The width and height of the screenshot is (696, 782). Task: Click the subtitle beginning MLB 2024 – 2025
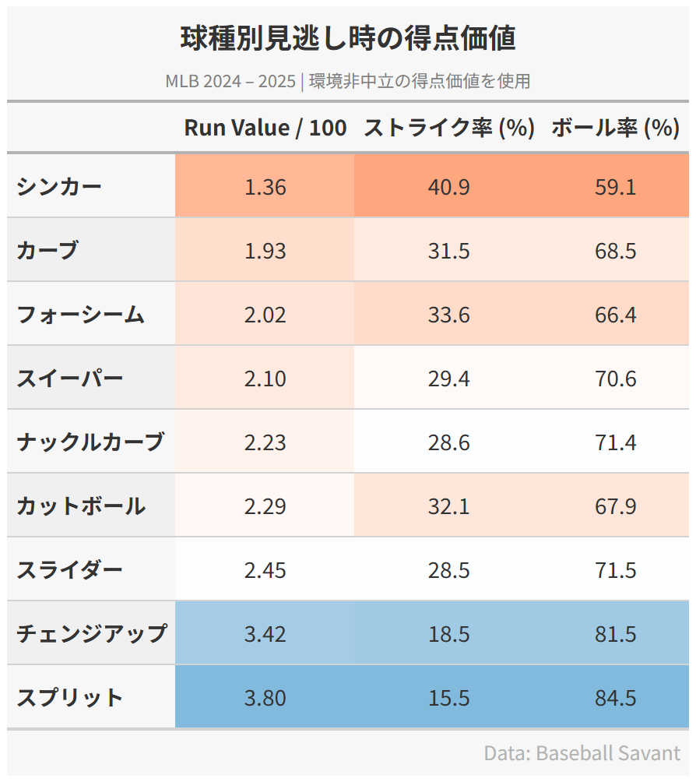pos(348,81)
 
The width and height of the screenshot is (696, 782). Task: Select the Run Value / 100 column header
pos(265,128)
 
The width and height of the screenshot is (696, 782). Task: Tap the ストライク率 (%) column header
pos(449,128)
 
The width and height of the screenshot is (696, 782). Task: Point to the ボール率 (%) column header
pos(615,128)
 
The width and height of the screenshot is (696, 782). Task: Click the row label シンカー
pos(59,187)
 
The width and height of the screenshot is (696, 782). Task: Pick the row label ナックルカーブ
pos(90,442)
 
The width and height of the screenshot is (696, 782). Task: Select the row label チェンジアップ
pos(91,634)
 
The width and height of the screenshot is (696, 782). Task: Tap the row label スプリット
pos(69,698)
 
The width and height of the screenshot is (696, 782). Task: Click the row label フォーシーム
pos(80,315)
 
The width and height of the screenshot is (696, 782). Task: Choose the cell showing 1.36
pos(265,187)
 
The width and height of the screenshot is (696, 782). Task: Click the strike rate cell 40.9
pos(448,187)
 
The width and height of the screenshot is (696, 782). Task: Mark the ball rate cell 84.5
pos(615,698)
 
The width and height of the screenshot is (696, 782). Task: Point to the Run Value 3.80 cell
pos(265,698)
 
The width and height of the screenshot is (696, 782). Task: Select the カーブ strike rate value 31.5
pos(448,251)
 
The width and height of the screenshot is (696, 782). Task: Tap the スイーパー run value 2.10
pos(265,379)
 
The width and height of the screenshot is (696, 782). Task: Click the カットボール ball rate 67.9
pos(615,506)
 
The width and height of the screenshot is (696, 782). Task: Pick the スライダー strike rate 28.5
pos(448,570)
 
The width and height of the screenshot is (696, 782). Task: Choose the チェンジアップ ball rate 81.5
pos(615,634)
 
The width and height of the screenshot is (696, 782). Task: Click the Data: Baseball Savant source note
pos(582,753)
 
